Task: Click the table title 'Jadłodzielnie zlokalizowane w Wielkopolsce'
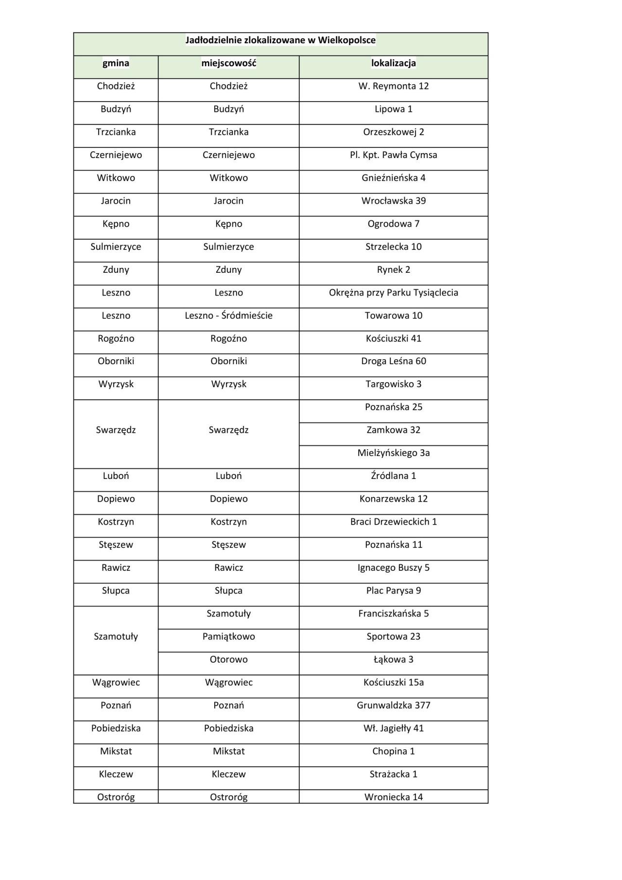pyautogui.click(x=280, y=40)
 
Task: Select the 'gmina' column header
pyautogui.click(x=116, y=63)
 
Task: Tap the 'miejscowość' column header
pyautogui.click(x=228, y=63)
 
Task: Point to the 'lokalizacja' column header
pyautogui.click(x=393, y=63)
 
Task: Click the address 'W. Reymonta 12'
pyautogui.click(x=393, y=86)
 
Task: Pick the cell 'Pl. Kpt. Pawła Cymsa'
pyautogui.click(x=393, y=155)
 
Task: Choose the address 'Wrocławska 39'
pyautogui.click(x=393, y=201)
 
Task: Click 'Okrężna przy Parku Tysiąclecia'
pyautogui.click(x=393, y=293)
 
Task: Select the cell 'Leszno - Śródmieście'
pyautogui.click(x=228, y=316)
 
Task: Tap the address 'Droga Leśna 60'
pyautogui.click(x=393, y=361)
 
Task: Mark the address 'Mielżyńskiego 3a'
pyautogui.click(x=393, y=453)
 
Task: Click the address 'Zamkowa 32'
pyautogui.click(x=393, y=430)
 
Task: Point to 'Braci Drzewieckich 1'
pyautogui.click(x=393, y=522)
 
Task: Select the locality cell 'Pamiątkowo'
pyautogui.click(x=228, y=636)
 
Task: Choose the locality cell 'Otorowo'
pyautogui.click(x=228, y=659)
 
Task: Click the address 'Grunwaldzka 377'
pyautogui.click(x=393, y=705)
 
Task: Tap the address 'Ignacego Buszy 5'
pyautogui.click(x=393, y=568)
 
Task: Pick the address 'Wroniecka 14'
pyautogui.click(x=393, y=797)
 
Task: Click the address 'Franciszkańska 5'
pyautogui.click(x=393, y=614)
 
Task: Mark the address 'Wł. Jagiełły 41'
pyautogui.click(x=393, y=728)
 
